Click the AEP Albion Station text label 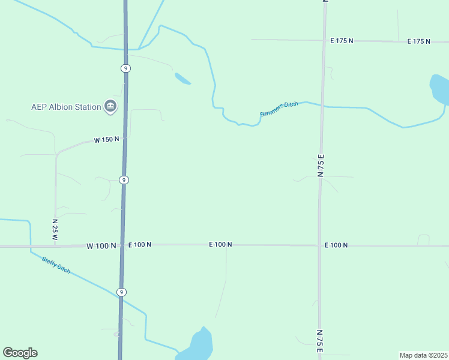tap(66, 107)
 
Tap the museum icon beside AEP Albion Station tap(110, 107)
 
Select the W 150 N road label tap(106, 140)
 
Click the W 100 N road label tap(101, 245)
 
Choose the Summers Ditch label tap(279, 109)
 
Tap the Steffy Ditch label tap(56, 265)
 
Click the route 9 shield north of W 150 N tap(125, 68)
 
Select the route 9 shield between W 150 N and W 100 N tap(123, 180)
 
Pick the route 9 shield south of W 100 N tap(121, 292)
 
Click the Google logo tap(20, 353)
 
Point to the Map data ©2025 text tap(423, 355)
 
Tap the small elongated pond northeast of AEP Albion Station tap(182, 79)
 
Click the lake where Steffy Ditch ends tap(201, 344)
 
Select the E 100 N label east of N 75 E tap(336, 245)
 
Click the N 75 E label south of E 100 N tap(320, 341)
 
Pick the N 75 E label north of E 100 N tap(321, 165)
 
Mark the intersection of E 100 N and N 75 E tap(319, 245)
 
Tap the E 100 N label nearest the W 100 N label tap(139, 245)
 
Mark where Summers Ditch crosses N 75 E tap(323, 106)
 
